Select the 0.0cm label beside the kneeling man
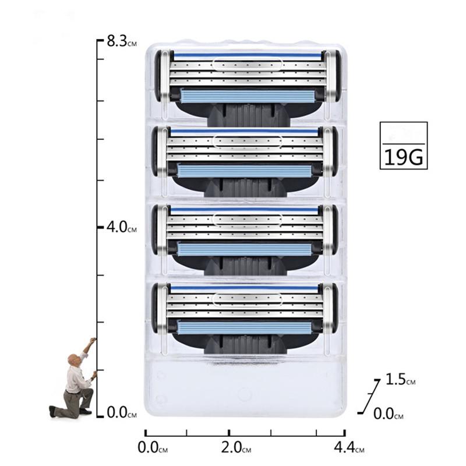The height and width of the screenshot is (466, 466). pyautogui.click(x=121, y=414)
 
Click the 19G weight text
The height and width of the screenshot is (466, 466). pyautogui.click(x=404, y=156)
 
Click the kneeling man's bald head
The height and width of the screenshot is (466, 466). pyautogui.click(x=71, y=358)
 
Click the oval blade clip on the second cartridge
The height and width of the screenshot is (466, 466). pyautogui.click(x=247, y=140)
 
